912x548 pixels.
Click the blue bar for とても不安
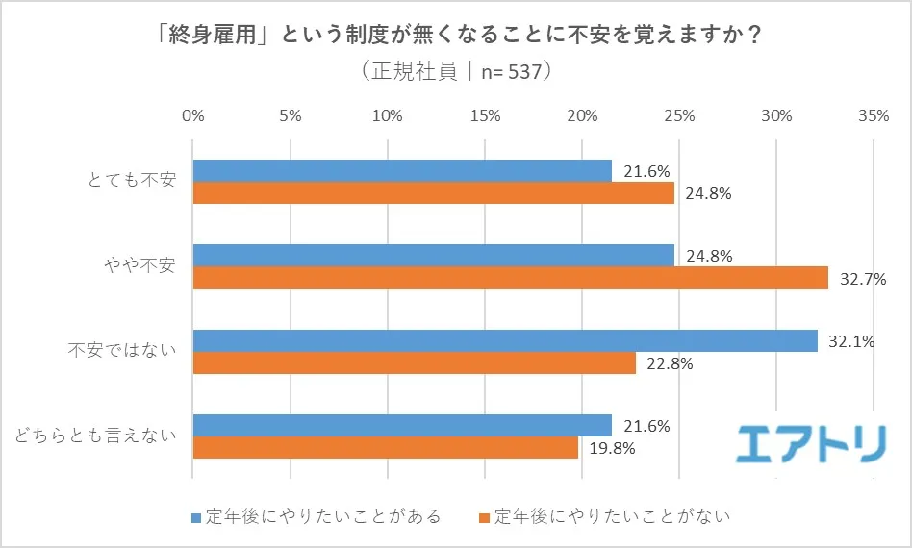[x=402, y=171]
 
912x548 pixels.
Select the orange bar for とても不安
[x=433, y=193]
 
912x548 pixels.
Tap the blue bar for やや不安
[x=433, y=256]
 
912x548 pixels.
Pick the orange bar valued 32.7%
[x=510, y=278]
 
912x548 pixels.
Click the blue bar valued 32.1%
[x=504, y=340]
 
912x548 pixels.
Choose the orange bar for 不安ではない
[x=414, y=362]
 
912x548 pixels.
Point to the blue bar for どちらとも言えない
[x=402, y=425]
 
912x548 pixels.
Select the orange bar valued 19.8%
[x=385, y=447]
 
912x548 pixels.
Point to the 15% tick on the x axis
[x=485, y=116]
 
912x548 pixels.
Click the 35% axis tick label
[x=873, y=116]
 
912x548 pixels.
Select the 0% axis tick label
[x=193, y=116]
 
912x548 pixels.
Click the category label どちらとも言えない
[x=95, y=436]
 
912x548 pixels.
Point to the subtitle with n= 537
[x=455, y=72]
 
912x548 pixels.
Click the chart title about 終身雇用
[x=455, y=36]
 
